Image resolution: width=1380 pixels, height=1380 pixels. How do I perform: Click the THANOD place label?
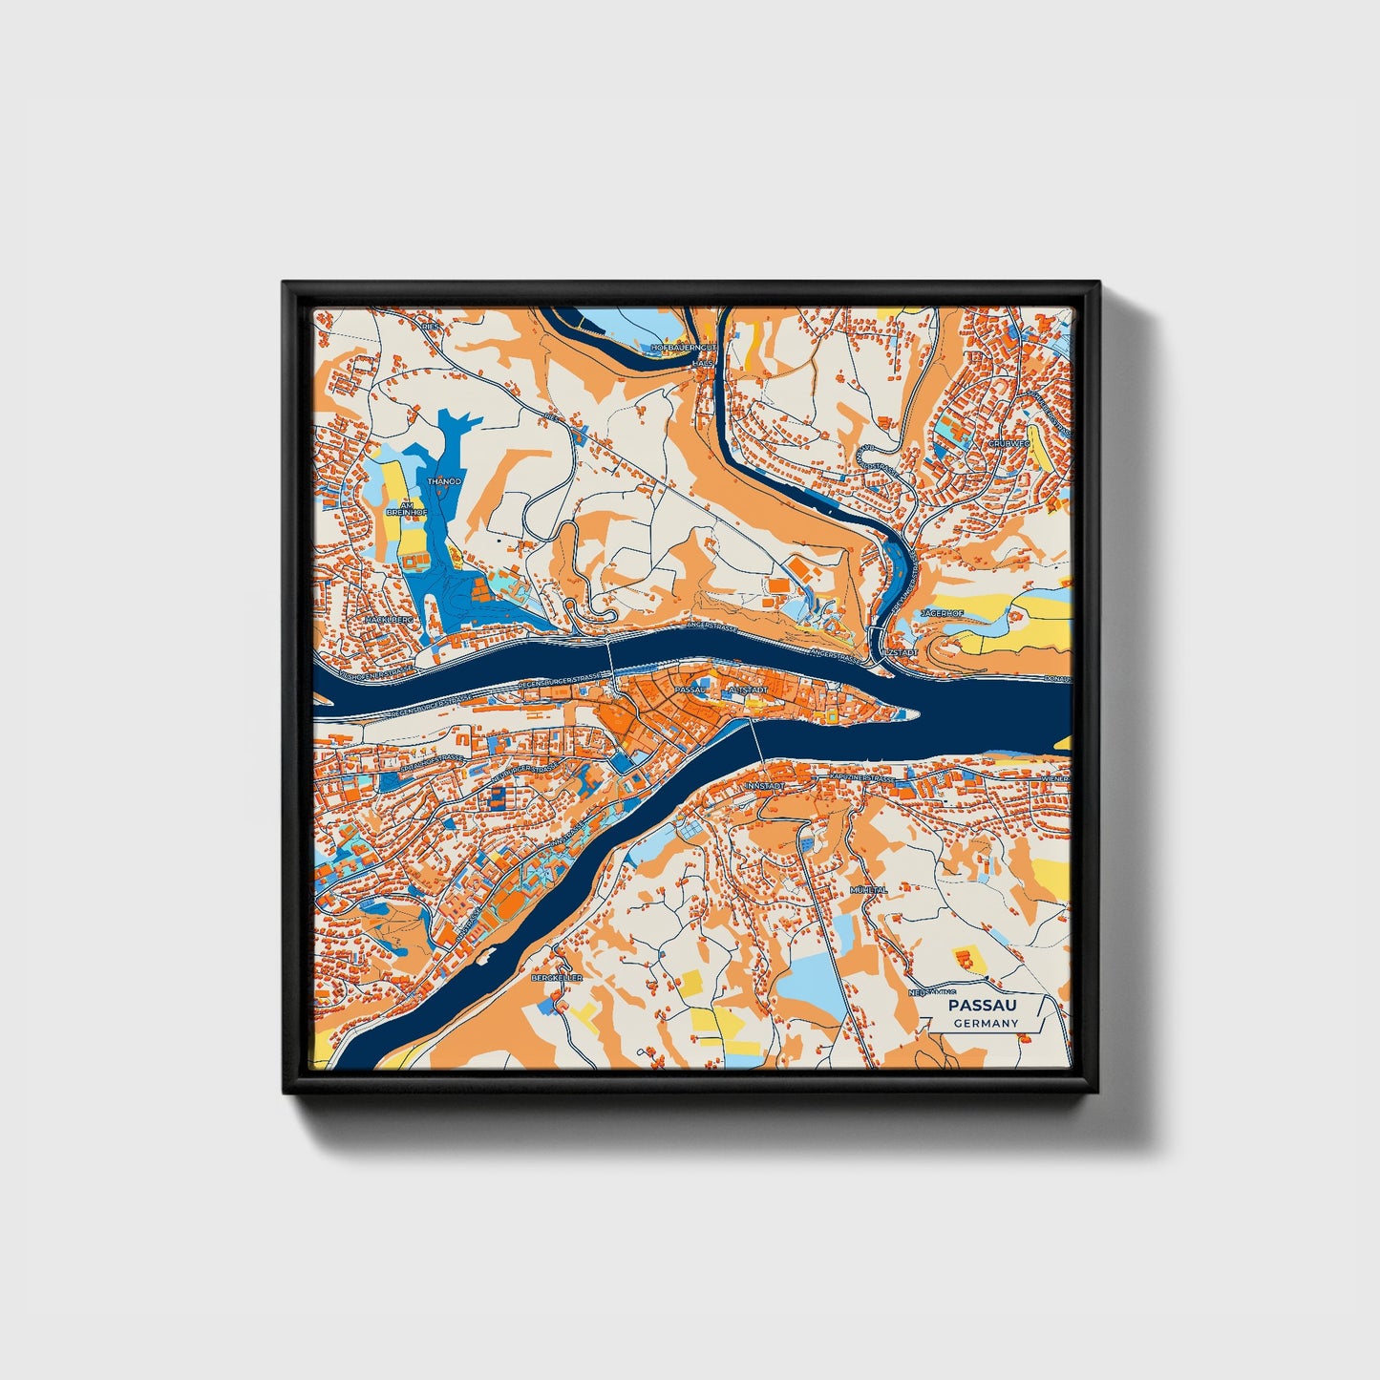point(444,482)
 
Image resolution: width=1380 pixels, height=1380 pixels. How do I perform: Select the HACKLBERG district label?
point(389,620)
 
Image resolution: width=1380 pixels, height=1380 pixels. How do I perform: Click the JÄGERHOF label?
point(943,613)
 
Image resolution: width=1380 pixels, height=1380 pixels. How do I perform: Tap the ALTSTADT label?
point(747,689)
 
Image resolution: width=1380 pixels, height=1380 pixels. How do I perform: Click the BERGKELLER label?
point(556,978)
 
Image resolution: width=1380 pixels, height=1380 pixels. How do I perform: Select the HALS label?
point(703,364)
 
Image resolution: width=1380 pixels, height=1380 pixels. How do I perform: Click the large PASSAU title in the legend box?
point(983,1006)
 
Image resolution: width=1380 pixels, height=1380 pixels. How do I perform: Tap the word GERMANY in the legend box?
point(986,1024)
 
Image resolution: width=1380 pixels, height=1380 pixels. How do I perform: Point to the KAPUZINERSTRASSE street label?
point(864,779)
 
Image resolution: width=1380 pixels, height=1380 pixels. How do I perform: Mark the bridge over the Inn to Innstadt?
point(757,740)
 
